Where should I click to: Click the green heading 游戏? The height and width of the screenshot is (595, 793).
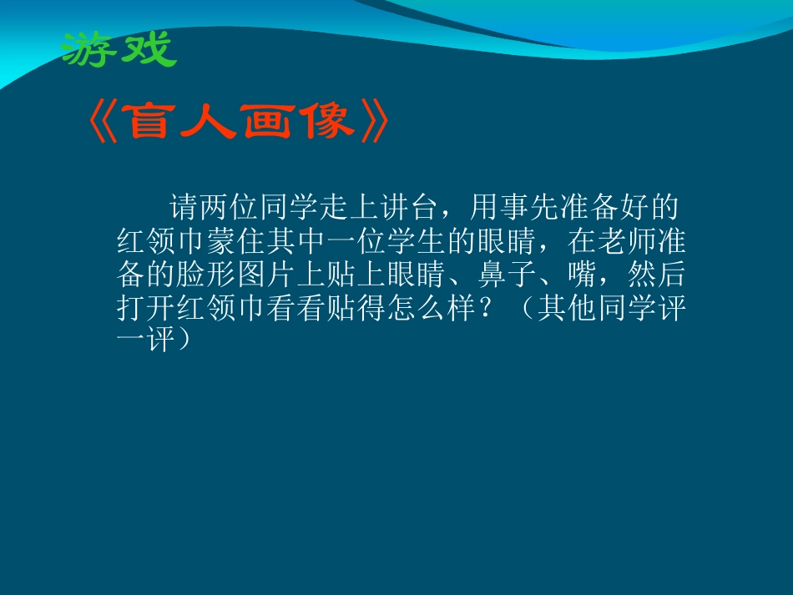pos(119,49)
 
